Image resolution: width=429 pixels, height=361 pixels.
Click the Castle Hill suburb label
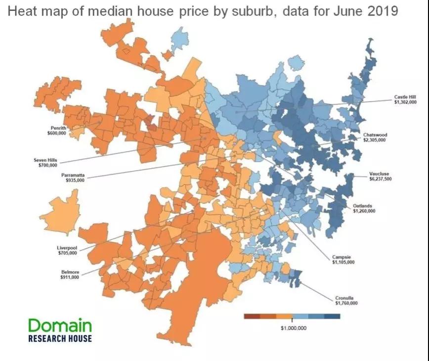[405, 97]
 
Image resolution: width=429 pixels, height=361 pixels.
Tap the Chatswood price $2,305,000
[374, 140]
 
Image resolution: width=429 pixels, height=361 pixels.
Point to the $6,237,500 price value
[380, 179]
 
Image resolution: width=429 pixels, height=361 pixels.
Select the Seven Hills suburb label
[45, 160]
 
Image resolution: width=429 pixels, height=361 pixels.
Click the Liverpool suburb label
[67, 248]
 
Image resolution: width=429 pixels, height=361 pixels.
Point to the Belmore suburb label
[70, 272]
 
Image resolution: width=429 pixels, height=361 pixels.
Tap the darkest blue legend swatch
[332, 316]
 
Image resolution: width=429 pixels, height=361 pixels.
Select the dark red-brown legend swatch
[253, 316]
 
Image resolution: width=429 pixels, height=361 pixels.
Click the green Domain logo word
[60, 325]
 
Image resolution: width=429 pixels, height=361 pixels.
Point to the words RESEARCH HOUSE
[60, 338]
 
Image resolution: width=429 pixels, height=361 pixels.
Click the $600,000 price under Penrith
[56, 133]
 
